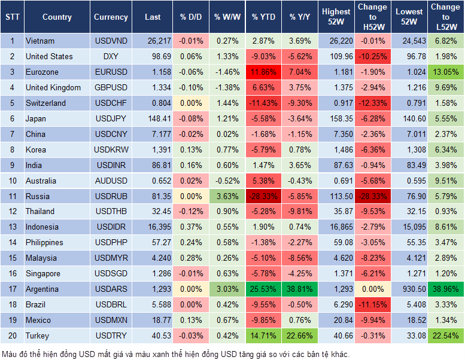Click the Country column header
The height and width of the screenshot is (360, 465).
pyautogui.click(x=57, y=17)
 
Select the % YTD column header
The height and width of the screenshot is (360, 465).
pyautogui.click(x=263, y=17)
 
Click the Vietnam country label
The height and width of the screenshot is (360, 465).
pyautogui.click(x=40, y=41)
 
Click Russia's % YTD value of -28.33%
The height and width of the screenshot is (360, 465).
pyautogui.click(x=263, y=196)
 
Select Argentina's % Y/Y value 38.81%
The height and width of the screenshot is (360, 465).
pyautogui.click(x=300, y=289)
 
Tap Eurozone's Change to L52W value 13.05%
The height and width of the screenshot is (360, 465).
pyautogui.click(x=445, y=72)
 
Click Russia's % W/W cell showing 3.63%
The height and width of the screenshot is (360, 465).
pyautogui.click(x=227, y=196)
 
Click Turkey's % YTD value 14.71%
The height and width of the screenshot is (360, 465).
pyautogui.click(x=263, y=335)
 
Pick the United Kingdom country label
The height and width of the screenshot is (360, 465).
pyautogui.click(x=53, y=87)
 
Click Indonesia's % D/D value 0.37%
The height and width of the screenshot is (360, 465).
pyautogui.click(x=191, y=227)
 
